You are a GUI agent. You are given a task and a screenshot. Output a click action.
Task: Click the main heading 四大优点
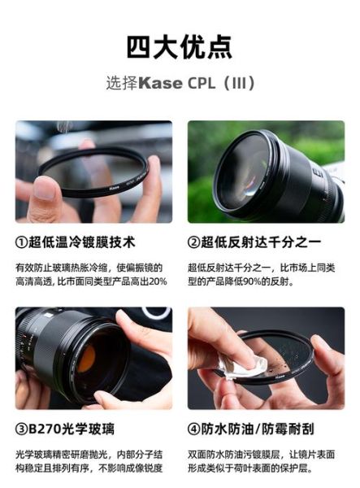(180, 47)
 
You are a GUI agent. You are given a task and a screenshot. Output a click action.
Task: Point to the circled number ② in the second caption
(195, 242)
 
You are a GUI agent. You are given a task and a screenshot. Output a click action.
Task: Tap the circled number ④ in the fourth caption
(195, 429)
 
